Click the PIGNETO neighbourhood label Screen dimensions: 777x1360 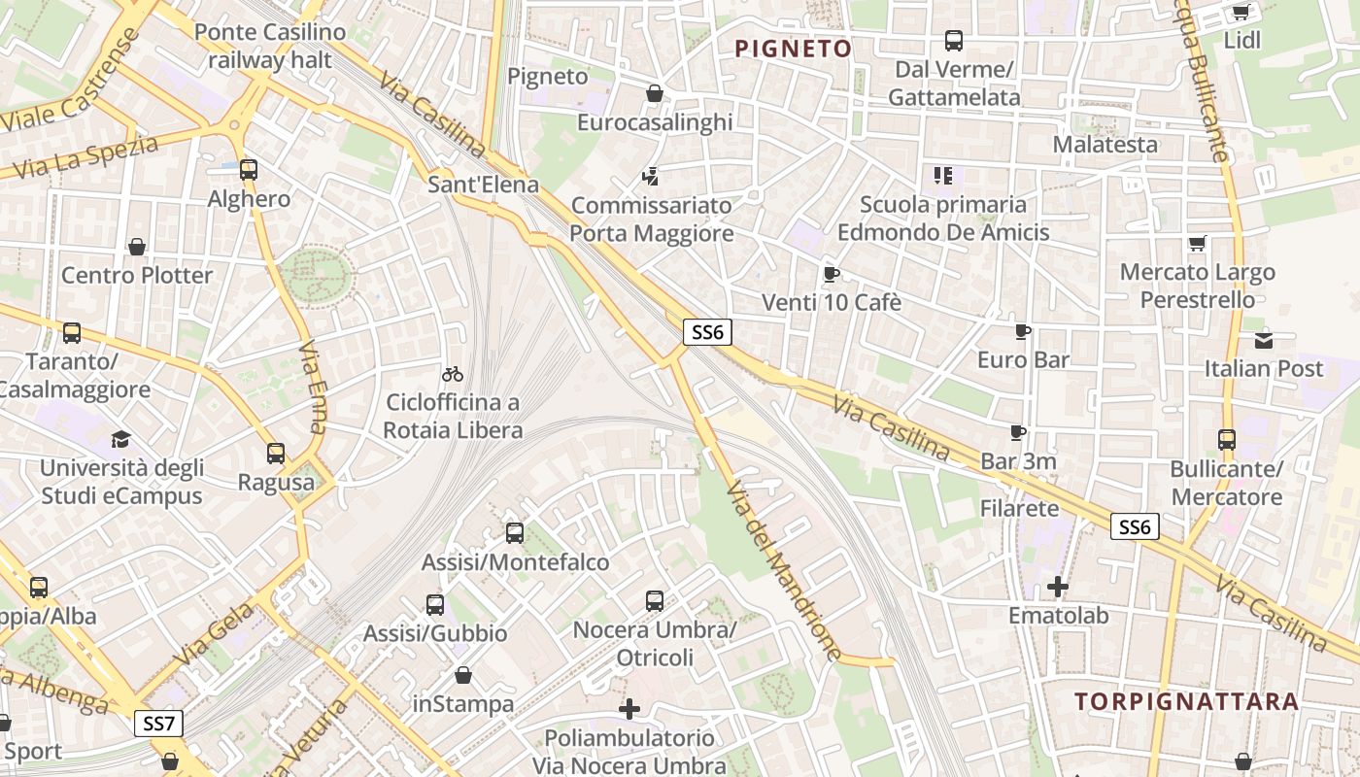[793, 49]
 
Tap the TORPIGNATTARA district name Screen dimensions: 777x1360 [1186, 701]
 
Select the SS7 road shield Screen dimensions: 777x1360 [158, 724]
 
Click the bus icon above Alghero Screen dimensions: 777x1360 [249, 170]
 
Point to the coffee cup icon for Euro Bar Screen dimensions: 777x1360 [1023, 331]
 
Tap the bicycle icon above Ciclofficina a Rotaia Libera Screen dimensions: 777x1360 [453, 373]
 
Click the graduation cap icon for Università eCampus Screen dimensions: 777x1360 [120, 439]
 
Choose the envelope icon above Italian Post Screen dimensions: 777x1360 [1264, 340]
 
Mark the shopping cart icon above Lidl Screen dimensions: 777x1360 [1241, 12]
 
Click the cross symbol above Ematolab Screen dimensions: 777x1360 [1058, 587]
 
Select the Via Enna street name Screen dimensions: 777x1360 [314, 387]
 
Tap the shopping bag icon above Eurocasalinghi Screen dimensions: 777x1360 [655, 93]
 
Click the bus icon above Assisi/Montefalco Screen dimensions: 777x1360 [515, 532]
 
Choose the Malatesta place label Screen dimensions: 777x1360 [1105, 145]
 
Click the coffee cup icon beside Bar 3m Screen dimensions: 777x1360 [1018, 432]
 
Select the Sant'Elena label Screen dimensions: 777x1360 [483, 185]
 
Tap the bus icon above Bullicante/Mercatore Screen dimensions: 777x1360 [1227, 440]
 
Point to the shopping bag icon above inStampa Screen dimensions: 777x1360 [463, 674]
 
